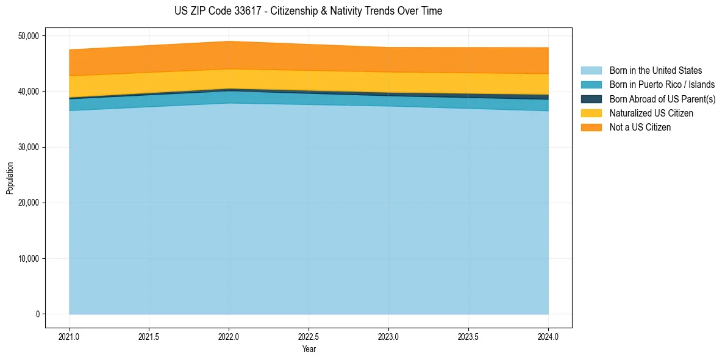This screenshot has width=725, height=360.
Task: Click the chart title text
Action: (308, 11)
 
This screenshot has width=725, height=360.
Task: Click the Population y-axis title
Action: (10, 178)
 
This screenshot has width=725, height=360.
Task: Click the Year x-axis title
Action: (309, 350)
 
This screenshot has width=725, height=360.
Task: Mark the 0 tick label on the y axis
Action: (37, 314)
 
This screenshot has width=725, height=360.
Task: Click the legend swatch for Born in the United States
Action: (591, 71)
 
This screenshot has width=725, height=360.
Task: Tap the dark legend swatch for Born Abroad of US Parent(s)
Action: (591, 99)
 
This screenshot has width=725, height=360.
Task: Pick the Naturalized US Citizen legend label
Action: (651, 113)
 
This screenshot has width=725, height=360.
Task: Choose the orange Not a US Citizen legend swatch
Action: (591, 128)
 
